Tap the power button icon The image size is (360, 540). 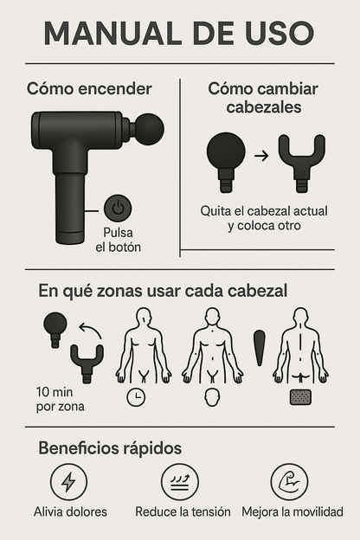pos(118,209)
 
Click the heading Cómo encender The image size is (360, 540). pos(89,89)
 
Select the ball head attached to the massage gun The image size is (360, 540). pos(148,129)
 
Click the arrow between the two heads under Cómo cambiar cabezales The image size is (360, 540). pos(261,156)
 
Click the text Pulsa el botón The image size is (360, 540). pos(119,240)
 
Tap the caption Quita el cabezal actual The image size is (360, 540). pos(264,211)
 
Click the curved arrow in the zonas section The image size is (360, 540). pos(90,331)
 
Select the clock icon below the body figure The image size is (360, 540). pos(136,397)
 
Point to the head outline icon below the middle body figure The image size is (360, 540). pos(212,397)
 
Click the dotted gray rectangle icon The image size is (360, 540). pos(300,397)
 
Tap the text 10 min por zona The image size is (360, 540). pos(61,399)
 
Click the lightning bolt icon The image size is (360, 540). pos(68,482)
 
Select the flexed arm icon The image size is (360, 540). pos(289,482)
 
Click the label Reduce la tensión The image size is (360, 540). pos(183,511)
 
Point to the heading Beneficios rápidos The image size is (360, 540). pos(110,448)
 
